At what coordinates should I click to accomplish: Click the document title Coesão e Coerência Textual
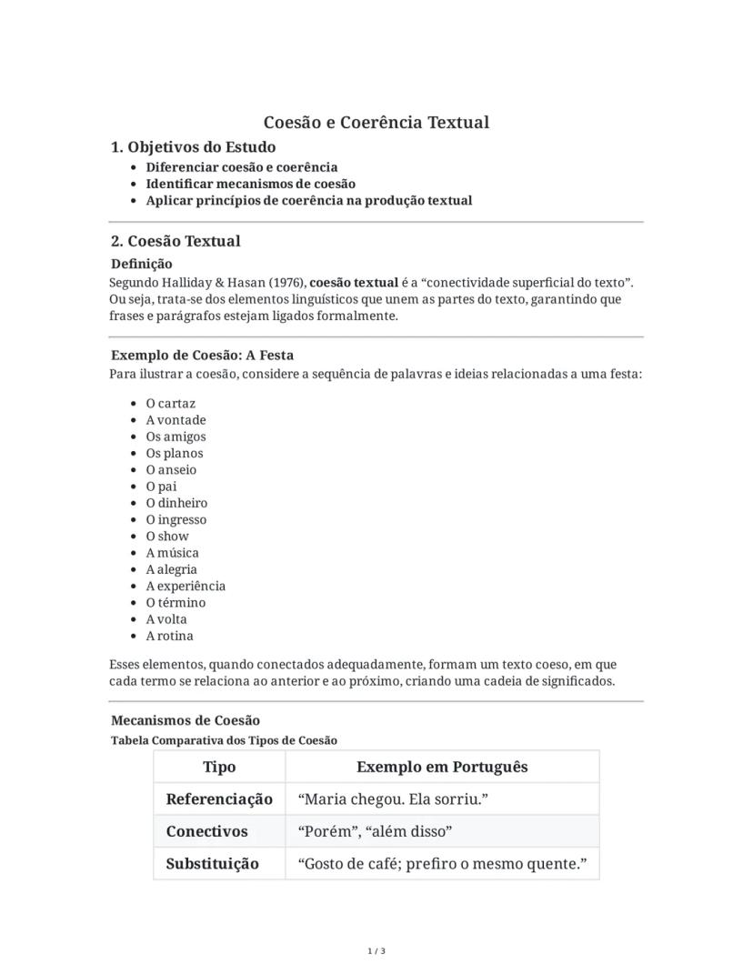pyautogui.click(x=376, y=122)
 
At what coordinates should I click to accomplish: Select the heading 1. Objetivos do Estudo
pyautogui.click(x=193, y=147)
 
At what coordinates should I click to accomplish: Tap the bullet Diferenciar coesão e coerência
pyautogui.click(x=241, y=167)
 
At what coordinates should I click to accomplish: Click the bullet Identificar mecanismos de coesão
pyautogui.click(x=250, y=184)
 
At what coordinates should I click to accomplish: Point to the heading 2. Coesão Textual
pyautogui.click(x=176, y=241)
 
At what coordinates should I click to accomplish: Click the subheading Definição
pyautogui.click(x=141, y=264)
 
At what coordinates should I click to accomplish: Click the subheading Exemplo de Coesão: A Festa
pyautogui.click(x=202, y=355)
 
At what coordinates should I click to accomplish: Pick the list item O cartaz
pyautogui.click(x=170, y=403)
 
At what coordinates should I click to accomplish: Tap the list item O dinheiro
pyautogui.click(x=176, y=503)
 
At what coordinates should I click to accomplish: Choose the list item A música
pyautogui.click(x=172, y=553)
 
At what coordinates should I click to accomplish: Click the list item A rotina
pyautogui.click(x=169, y=636)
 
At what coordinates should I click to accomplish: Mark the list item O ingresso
pyautogui.click(x=176, y=519)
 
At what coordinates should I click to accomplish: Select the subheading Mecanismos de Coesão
pyautogui.click(x=185, y=720)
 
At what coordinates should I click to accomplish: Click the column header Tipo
pyautogui.click(x=219, y=767)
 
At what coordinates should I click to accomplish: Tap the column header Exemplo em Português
pyautogui.click(x=442, y=767)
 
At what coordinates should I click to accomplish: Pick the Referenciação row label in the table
pyautogui.click(x=219, y=799)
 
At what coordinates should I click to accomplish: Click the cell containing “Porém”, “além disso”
pyautogui.click(x=375, y=831)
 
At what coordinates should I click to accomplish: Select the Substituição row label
pyautogui.click(x=212, y=864)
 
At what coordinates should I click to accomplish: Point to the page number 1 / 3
pyautogui.click(x=376, y=951)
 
